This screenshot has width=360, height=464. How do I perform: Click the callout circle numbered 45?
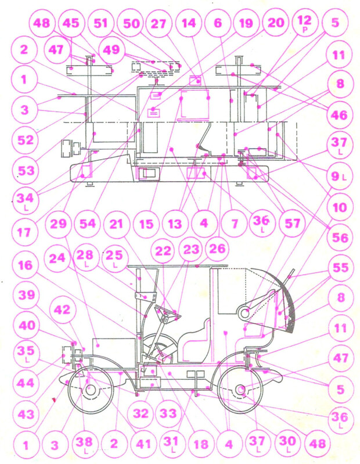(x=71, y=23)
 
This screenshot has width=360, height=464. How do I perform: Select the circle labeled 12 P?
(x=304, y=23)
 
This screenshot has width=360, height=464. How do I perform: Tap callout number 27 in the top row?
(x=159, y=23)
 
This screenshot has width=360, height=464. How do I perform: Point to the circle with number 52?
(x=25, y=139)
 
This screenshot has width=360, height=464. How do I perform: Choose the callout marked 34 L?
(x=25, y=200)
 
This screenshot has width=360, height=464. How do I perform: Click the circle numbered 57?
(x=292, y=224)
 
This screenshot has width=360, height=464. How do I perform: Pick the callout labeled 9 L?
(x=339, y=177)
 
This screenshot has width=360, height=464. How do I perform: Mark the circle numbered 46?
(x=339, y=115)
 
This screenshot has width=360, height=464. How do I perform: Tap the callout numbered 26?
(x=217, y=249)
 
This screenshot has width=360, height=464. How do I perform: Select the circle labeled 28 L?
(x=85, y=257)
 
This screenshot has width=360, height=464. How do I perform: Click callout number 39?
(x=26, y=295)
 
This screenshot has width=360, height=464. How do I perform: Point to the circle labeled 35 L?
(x=26, y=353)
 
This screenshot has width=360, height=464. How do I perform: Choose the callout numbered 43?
(x=26, y=414)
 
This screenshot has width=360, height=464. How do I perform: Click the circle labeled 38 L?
(x=84, y=444)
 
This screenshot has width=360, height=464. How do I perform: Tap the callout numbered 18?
(x=200, y=444)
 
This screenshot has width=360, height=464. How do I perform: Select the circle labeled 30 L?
(x=287, y=443)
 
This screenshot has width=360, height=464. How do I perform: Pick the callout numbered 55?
(x=340, y=268)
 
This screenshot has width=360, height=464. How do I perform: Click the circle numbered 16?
(x=25, y=265)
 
